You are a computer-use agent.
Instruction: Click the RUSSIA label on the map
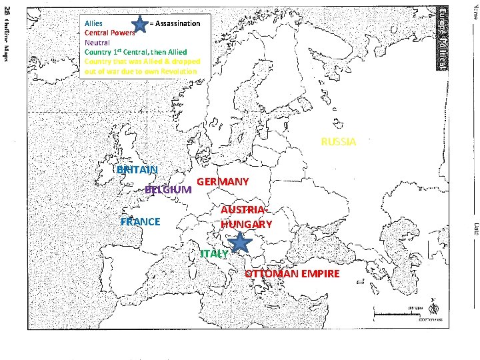pos(339,142)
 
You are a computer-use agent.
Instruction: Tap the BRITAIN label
pos(137,169)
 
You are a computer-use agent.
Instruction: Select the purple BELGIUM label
pos(168,189)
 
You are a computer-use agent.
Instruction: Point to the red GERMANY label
pos(223,182)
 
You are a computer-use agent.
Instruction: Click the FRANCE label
pos(140,221)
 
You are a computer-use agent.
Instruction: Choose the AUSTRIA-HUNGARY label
pos(246,217)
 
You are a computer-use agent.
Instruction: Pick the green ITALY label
pos(214,254)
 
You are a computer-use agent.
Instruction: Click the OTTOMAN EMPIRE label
pos(292,274)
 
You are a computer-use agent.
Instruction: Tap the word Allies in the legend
pos(93,23)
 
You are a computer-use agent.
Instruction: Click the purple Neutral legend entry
pos(97,41)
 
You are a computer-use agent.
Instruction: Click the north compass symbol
pos(434,307)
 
